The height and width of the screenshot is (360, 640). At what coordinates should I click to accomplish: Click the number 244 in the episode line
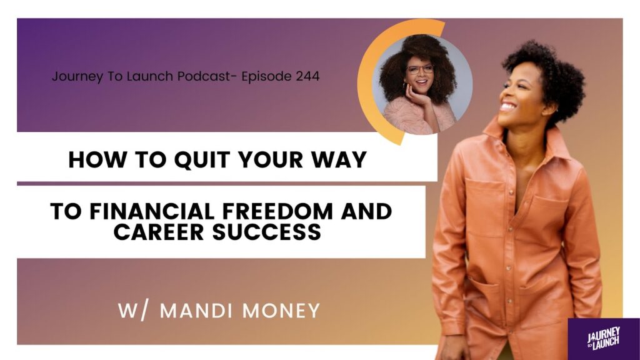click(307, 76)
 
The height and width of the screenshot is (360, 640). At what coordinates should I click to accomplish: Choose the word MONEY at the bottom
click(281, 311)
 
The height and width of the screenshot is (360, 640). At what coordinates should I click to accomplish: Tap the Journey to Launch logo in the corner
click(604, 339)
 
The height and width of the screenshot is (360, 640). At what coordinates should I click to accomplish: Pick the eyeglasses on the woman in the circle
click(419, 70)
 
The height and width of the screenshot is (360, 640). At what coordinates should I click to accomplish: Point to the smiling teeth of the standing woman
click(508, 107)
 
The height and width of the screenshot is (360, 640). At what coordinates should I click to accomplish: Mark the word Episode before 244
click(266, 76)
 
